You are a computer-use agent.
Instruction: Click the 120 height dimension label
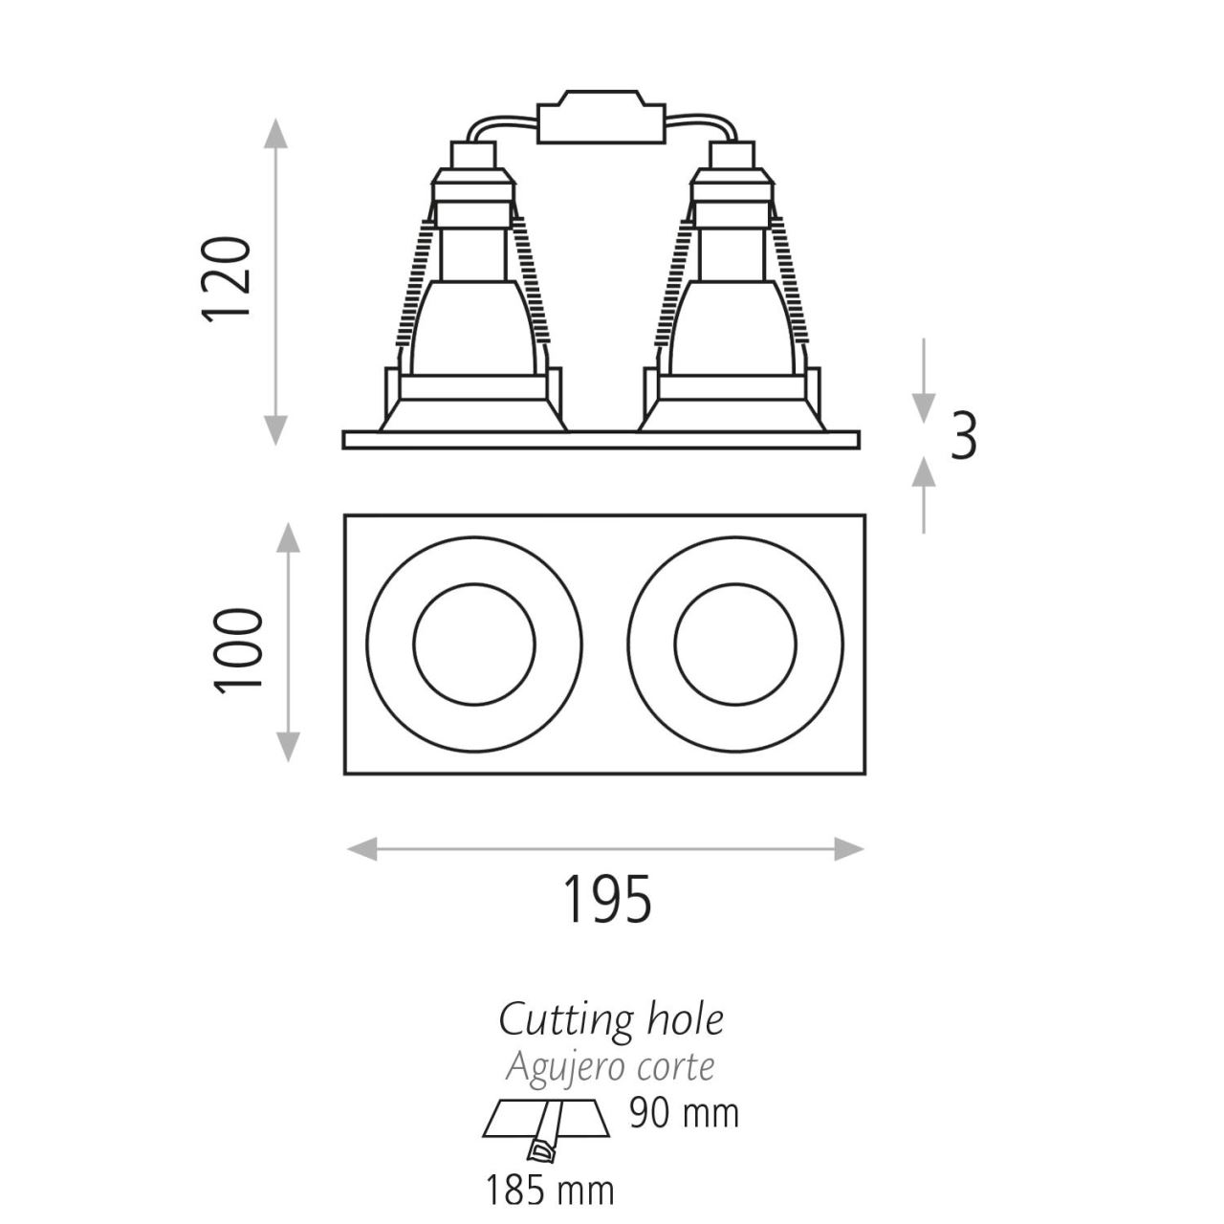(x=226, y=279)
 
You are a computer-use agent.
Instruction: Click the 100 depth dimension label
(x=238, y=651)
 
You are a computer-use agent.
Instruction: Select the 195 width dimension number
(x=607, y=899)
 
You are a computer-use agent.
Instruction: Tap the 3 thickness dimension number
(x=963, y=436)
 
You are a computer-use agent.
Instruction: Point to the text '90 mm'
(x=684, y=1113)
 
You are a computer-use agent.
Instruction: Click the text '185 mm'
(x=550, y=1190)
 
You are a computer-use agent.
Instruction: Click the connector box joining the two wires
(x=601, y=117)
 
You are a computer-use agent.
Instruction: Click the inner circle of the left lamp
(x=474, y=644)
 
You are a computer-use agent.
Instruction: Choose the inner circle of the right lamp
(x=735, y=644)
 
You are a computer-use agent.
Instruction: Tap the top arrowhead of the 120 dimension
(x=275, y=133)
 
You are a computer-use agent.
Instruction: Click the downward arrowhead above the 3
(x=924, y=408)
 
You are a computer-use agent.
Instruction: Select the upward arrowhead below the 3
(x=924, y=472)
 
